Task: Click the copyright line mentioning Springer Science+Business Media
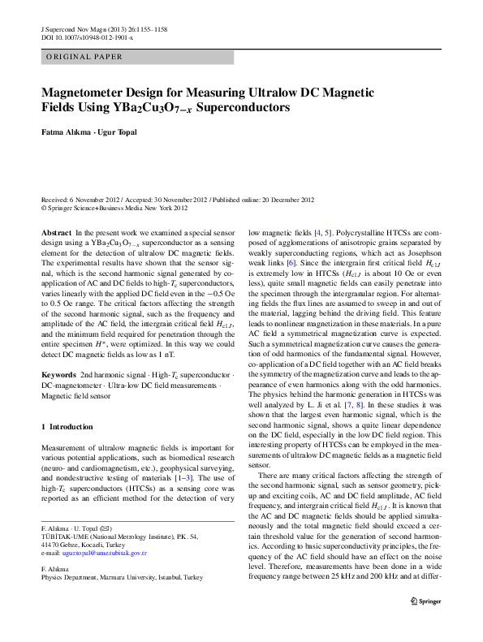(114, 207)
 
